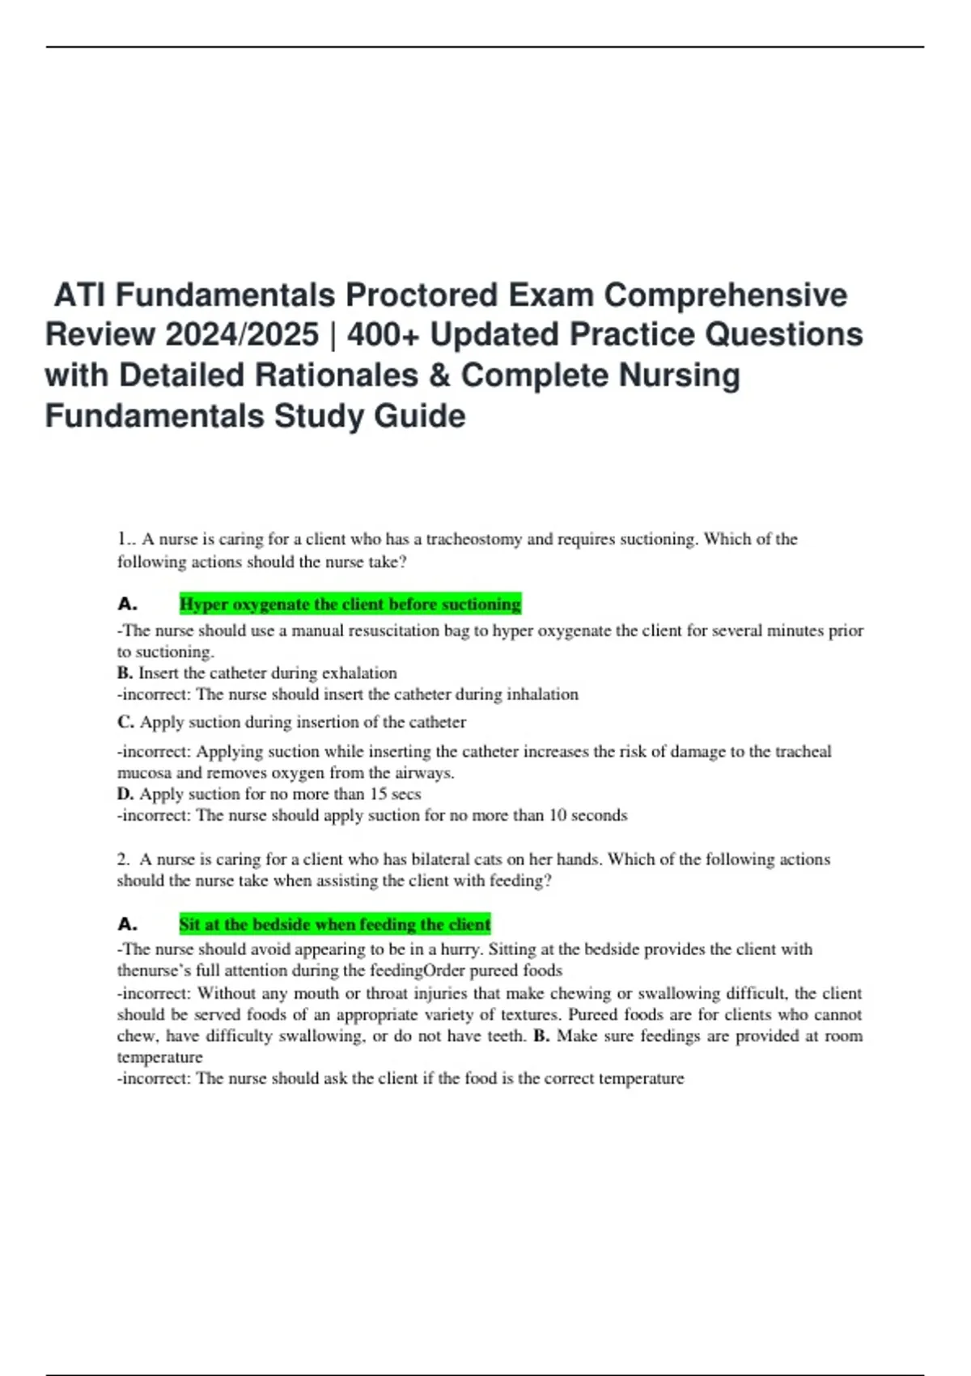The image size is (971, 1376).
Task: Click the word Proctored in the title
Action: pos(421,295)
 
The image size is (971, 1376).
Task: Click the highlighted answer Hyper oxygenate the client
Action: pos(350,604)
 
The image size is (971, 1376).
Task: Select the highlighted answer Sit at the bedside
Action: pos(335,924)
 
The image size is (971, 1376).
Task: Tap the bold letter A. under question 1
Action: pos(127,604)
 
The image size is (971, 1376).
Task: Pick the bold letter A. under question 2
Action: pos(127,924)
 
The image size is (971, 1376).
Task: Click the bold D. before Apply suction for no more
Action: pos(125,794)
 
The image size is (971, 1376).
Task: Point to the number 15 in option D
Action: pos(378,794)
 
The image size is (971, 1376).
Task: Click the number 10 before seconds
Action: pos(558,815)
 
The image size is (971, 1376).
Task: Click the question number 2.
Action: pos(122,859)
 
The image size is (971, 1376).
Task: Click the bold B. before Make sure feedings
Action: pos(541,1036)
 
